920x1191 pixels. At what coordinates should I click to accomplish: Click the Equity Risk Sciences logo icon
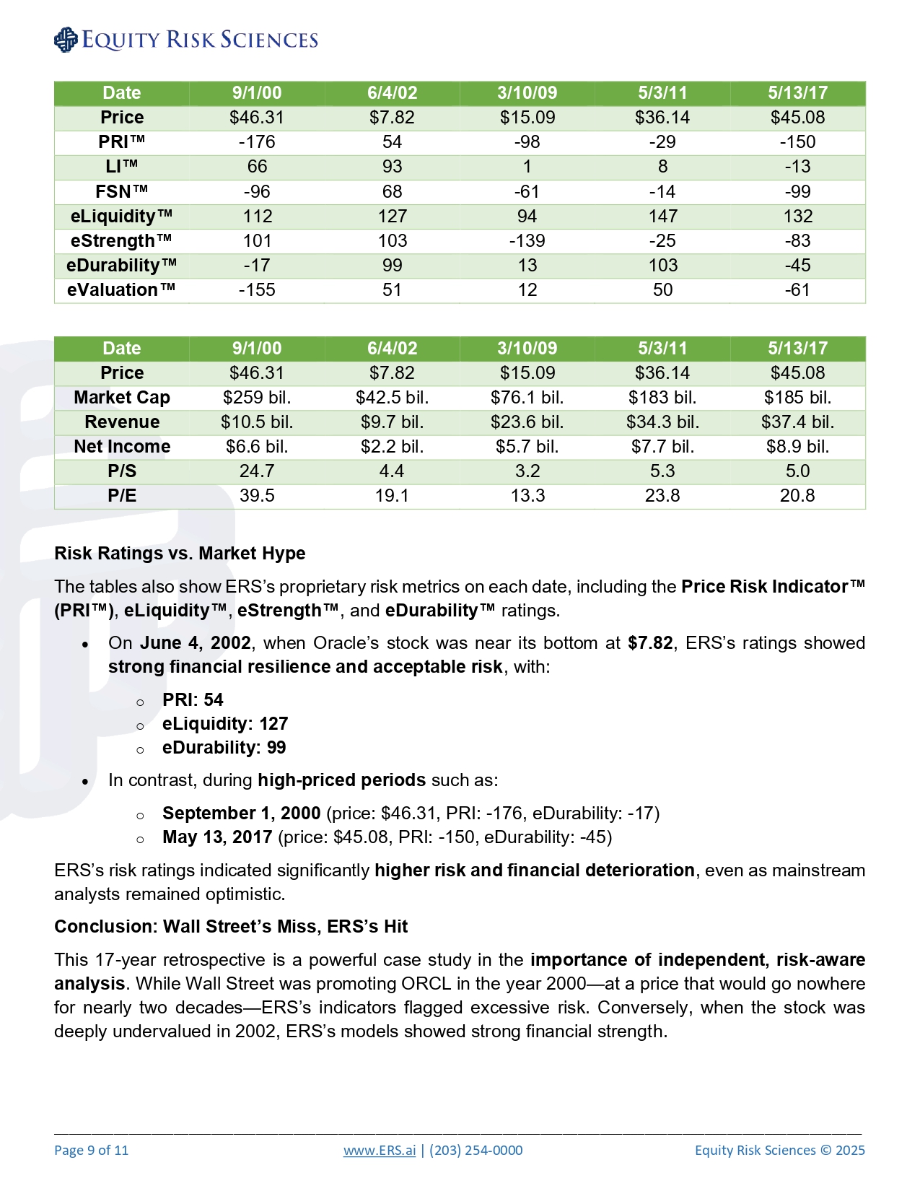[66, 40]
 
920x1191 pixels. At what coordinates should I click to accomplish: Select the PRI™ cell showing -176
[257, 142]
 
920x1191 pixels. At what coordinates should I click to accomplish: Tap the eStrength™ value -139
[527, 240]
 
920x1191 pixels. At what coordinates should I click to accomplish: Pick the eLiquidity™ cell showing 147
[662, 216]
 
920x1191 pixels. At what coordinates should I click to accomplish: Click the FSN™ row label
[121, 191]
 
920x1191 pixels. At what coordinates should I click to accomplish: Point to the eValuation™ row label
[121, 289]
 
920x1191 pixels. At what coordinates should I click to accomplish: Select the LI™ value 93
[392, 167]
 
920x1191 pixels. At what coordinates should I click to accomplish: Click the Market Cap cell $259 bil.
[257, 398]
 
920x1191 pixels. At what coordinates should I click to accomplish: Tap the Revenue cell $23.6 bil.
[527, 422]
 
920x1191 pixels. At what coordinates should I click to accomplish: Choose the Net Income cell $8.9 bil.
[797, 447]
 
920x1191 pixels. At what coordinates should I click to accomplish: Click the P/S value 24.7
[257, 471]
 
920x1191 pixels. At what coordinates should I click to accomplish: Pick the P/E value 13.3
[527, 496]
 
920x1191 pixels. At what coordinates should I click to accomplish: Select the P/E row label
[121, 496]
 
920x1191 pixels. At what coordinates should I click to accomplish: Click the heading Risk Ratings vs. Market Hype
[180, 553]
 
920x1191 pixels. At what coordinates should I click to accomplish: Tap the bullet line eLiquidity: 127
[225, 723]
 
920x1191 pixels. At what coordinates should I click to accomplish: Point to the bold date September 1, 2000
[241, 813]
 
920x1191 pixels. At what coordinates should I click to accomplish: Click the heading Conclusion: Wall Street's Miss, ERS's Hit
[231, 926]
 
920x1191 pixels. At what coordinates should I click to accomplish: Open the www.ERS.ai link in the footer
[380, 1150]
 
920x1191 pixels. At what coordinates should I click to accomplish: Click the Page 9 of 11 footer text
[91, 1150]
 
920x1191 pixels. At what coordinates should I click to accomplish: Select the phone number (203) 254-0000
[476, 1150]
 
